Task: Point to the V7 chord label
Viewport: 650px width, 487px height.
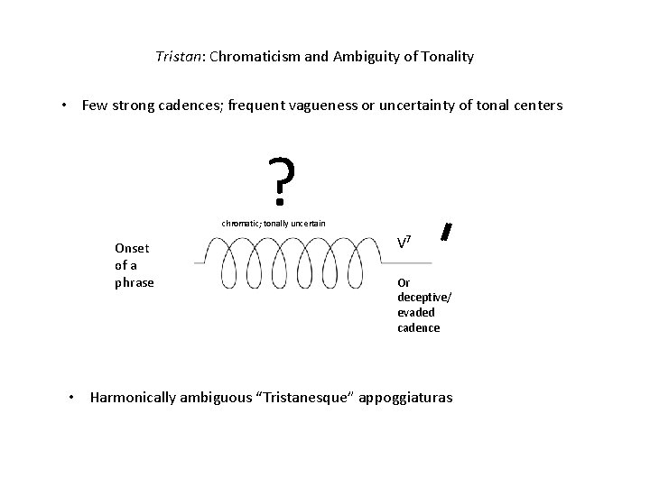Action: coord(405,242)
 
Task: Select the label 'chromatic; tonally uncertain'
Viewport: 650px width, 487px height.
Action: coord(274,223)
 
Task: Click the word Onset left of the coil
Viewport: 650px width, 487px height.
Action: coord(133,248)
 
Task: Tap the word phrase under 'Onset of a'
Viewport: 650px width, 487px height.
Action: coord(135,282)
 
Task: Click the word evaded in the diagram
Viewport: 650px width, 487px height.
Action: coord(416,312)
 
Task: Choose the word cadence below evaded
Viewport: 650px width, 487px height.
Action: coord(419,327)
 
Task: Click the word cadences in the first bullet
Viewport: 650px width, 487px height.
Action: coord(199,106)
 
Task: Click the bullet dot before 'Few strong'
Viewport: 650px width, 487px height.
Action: coord(66,106)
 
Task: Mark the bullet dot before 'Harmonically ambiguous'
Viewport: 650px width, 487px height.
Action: coord(75,397)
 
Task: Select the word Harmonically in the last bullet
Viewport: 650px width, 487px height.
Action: coord(132,398)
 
